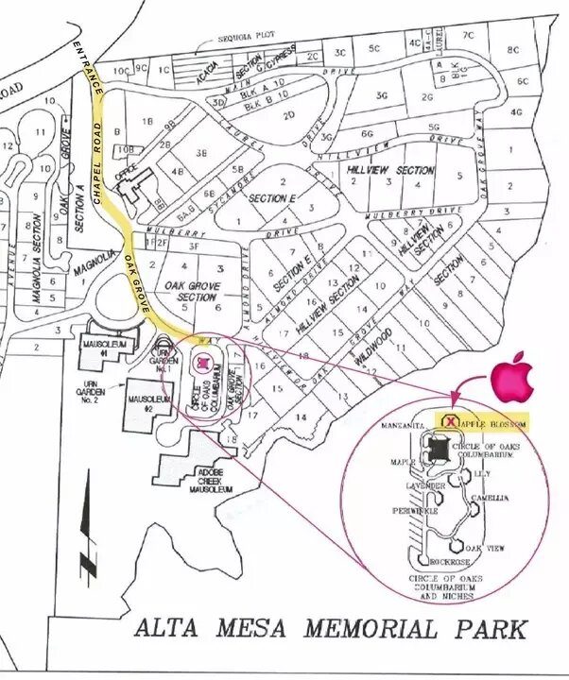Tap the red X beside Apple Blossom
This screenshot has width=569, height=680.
coord(451,421)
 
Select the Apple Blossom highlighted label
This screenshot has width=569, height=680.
coord(492,422)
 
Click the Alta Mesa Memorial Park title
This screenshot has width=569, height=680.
coord(330,628)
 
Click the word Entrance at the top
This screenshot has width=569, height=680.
coord(87,65)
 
